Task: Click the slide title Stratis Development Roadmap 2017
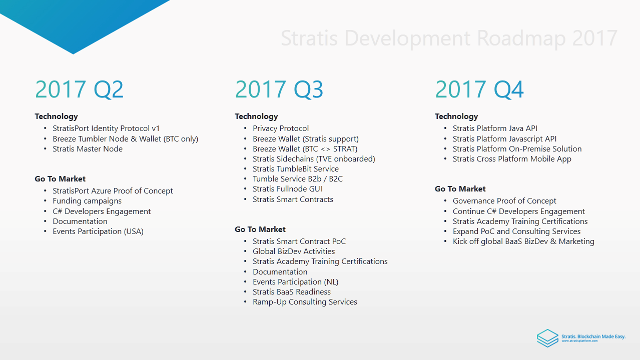click(449, 38)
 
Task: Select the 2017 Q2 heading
click(79, 89)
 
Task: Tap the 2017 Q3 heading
click(279, 89)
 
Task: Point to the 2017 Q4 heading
click(479, 89)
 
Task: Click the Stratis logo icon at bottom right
click(547, 338)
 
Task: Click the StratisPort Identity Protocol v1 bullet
click(106, 128)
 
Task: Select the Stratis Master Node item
click(88, 148)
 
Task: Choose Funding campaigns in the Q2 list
click(87, 201)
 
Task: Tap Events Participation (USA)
click(98, 231)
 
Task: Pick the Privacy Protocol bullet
click(281, 128)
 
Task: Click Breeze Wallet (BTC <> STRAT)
click(305, 148)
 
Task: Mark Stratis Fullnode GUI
click(287, 189)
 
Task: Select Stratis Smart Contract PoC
click(299, 241)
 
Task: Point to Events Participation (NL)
click(296, 282)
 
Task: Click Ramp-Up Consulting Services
click(305, 302)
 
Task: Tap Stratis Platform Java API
click(495, 128)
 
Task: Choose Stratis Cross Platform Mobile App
click(512, 159)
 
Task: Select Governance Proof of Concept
click(504, 201)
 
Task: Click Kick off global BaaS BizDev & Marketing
click(523, 241)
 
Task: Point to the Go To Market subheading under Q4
click(460, 189)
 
